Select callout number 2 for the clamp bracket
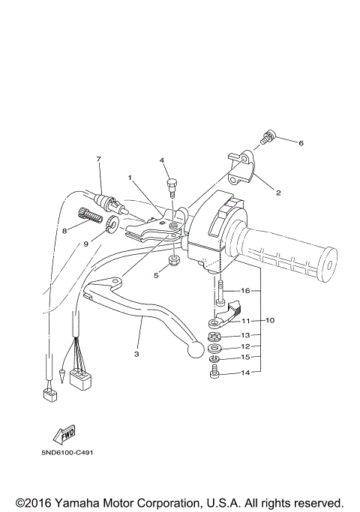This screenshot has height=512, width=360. [x=277, y=193]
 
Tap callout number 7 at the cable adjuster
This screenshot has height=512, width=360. [x=98, y=159]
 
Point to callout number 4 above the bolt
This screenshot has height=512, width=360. [x=160, y=160]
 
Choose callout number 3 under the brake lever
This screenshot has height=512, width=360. [x=136, y=353]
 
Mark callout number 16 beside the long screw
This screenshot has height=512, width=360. [x=245, y=290]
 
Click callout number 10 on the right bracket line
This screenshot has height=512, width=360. [x=270, y=320]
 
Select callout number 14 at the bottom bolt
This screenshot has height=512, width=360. [x=245, y=372]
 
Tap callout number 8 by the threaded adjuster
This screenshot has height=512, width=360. [x=64, y=231]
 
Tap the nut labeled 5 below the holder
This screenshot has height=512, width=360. [x=172, y=262]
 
